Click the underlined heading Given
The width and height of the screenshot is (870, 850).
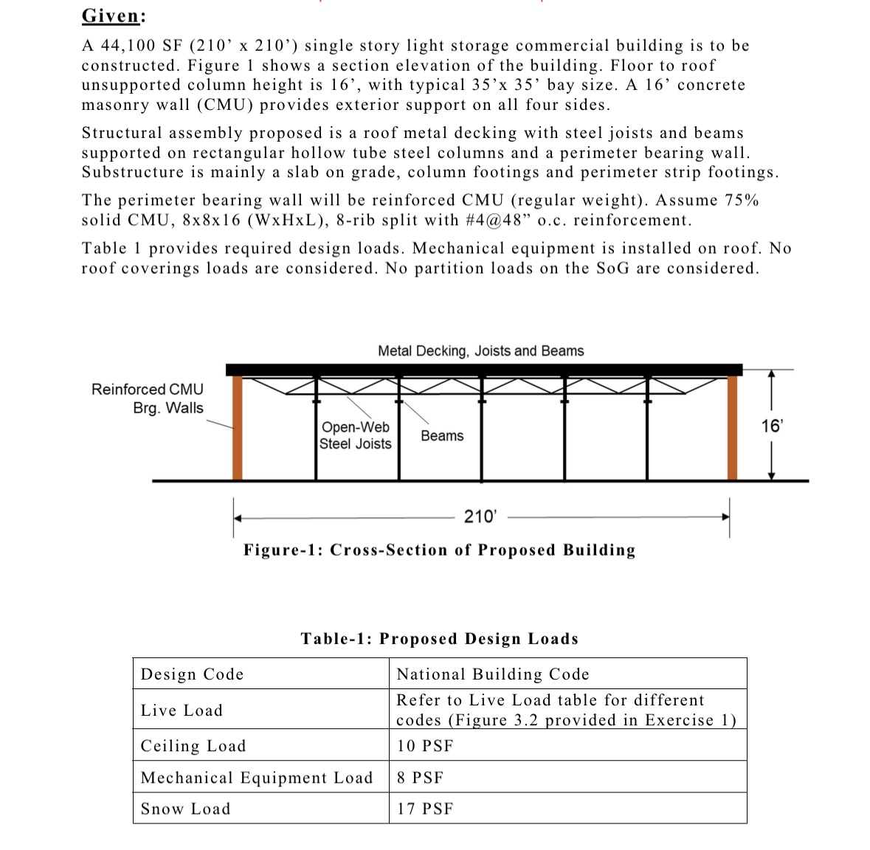click(x=112, y=15)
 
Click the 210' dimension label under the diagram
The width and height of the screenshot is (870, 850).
click(x=480, y=516)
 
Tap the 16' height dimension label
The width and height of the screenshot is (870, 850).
click(x=772, y=426)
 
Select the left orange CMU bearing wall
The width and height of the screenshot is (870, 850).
click(x=238, y=428)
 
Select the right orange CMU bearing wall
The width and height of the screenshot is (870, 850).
click(x=732, y=428)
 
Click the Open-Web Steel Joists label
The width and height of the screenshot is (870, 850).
click(x=355, y=435)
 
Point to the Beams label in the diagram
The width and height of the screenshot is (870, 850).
click(x=442, y=436)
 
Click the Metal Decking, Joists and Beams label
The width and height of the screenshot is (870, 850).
click(x=480, y=351)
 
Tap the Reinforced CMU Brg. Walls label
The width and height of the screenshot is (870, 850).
click(x=148, y=398)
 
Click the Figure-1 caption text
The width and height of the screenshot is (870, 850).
click(x=440, y=550)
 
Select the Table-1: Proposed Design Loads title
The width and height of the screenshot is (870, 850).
click(x=440, y=639)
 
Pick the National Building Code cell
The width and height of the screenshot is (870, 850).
click(x=493, y=674)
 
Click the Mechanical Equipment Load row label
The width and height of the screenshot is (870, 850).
click(x=257, y=778)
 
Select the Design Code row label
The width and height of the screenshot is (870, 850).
click(x=192, y=674)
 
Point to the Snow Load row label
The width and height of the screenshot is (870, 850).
click(x=186, y=809)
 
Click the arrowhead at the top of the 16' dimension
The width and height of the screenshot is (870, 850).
click(x=771, y=375)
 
